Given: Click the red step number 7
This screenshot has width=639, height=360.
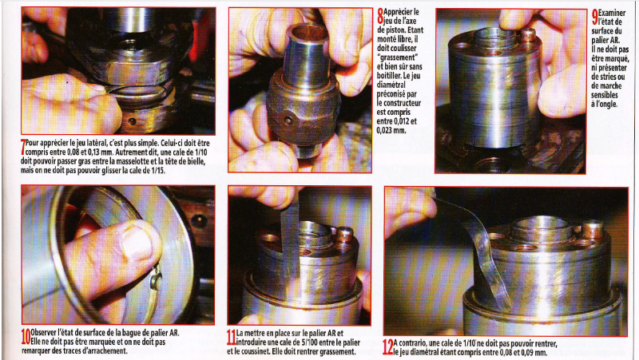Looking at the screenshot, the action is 23,148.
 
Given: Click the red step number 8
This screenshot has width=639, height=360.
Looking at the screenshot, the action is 380,16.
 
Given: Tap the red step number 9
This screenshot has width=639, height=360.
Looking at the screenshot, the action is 595,17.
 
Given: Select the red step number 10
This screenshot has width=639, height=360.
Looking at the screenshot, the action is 26,336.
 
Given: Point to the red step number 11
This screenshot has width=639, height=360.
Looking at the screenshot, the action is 231,337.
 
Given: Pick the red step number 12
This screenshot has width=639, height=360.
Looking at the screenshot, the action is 388,347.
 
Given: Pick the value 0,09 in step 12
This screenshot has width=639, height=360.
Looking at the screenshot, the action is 527,352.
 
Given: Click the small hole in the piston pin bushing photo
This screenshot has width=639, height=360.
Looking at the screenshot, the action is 288,121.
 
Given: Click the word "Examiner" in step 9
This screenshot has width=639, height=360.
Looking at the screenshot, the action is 612,13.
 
